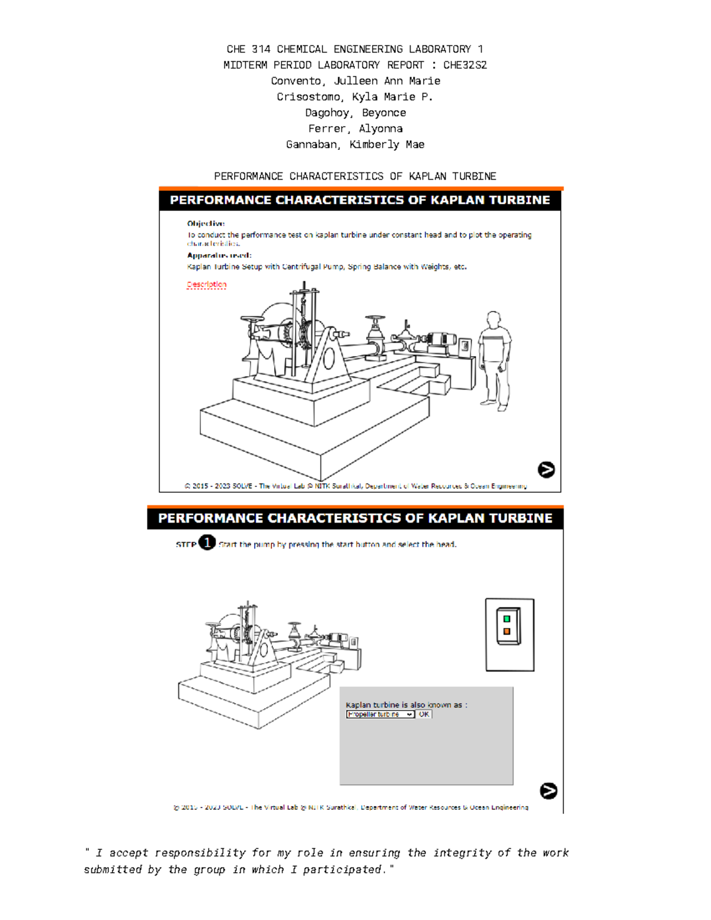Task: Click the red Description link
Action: coord(206,284)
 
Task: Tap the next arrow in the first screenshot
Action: coord(546,470)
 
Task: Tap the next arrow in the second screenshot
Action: coord(549,791)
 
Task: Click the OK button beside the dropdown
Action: coord(424,714)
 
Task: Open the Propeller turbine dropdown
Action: coord(380,714)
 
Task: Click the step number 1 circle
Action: coord(207,543)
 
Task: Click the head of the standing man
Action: coord(493,319)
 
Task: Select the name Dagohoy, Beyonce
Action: coord(355,113)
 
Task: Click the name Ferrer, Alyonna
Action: coord(355,129)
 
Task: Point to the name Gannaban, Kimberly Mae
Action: coord(355,145)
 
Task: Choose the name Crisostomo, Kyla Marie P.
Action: coord(355,97)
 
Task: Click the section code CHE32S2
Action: coord(465,65)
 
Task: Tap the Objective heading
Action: coord(206,223)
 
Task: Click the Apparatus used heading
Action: coord(219,255)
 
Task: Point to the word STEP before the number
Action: coord(185,544)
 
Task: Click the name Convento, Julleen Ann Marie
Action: coord(355,81)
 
